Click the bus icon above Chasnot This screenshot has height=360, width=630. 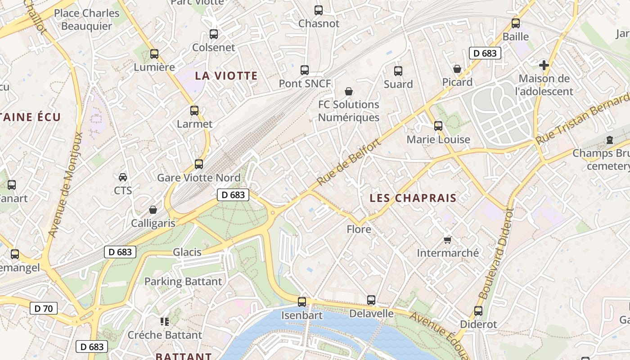click(x=319, y=10)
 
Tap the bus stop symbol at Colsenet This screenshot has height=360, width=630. click(x=214, y=34)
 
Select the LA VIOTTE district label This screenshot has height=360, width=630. click(x=226, y=76)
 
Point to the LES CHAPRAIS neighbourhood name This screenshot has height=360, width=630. click(x=413, y=198)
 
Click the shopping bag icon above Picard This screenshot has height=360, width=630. click(x=457, y=69)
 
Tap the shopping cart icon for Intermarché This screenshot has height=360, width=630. click(x=447, y=239)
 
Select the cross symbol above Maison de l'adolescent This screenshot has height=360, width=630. click(x=544, y=65)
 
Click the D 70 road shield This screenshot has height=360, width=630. click(x=44, y=308)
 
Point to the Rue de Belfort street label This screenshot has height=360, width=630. click(x=349, y=162)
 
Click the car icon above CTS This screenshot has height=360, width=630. click(x=123, y=177)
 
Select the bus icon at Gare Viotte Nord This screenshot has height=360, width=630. click(x=199, y=164)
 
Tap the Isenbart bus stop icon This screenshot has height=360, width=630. click(x=302, y=301)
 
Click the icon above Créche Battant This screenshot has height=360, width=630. click(x=165, y=321)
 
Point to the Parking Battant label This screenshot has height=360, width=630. click(x=183, y=282)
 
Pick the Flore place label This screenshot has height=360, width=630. click(x=359, y=229)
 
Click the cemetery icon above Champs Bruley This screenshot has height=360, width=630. click(x=610, y=140)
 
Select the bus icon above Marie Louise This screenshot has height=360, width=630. click(x=438, y=126)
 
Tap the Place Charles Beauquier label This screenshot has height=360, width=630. click(x=86, y=19)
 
